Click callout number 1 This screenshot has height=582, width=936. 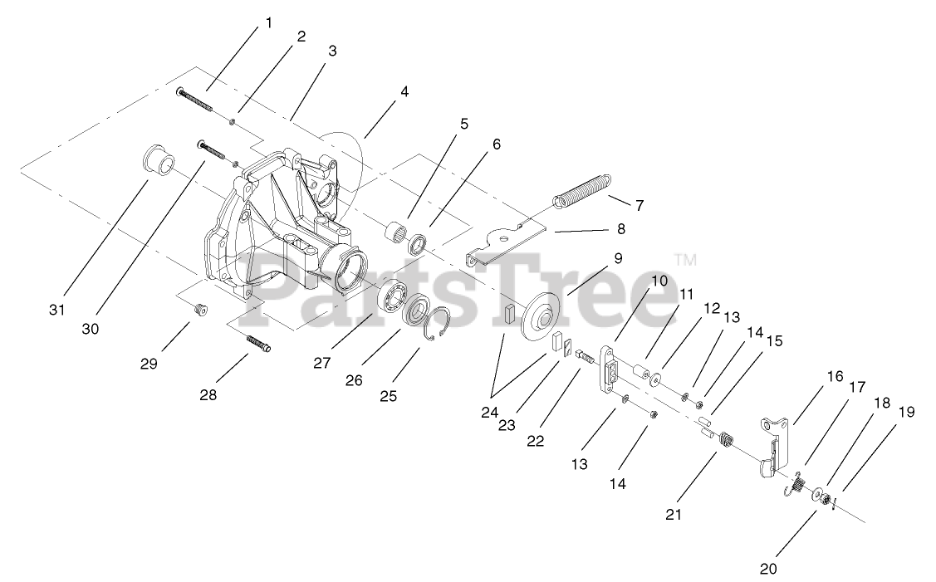point(268,23)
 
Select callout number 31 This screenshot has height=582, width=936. point(56,311)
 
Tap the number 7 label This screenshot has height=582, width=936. point(640,204)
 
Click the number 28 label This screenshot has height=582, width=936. point(208,395)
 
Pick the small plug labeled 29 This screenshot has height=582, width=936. point(198,308)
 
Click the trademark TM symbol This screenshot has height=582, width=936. point(686,260)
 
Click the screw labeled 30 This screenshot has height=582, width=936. point(214,150)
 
